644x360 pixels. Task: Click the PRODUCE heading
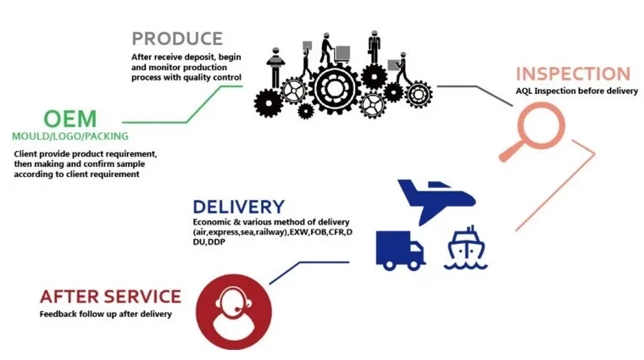pos(177,38)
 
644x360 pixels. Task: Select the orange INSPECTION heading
pos(574,74)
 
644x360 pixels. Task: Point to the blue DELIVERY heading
pos(238,207)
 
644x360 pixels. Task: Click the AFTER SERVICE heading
pos(110,296)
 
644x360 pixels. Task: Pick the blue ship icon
pos(466,247)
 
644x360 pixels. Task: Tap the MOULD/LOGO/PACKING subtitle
pos(70,136)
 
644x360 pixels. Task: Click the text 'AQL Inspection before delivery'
pos(576,91)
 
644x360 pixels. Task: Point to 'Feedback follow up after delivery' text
pos(105,314)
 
